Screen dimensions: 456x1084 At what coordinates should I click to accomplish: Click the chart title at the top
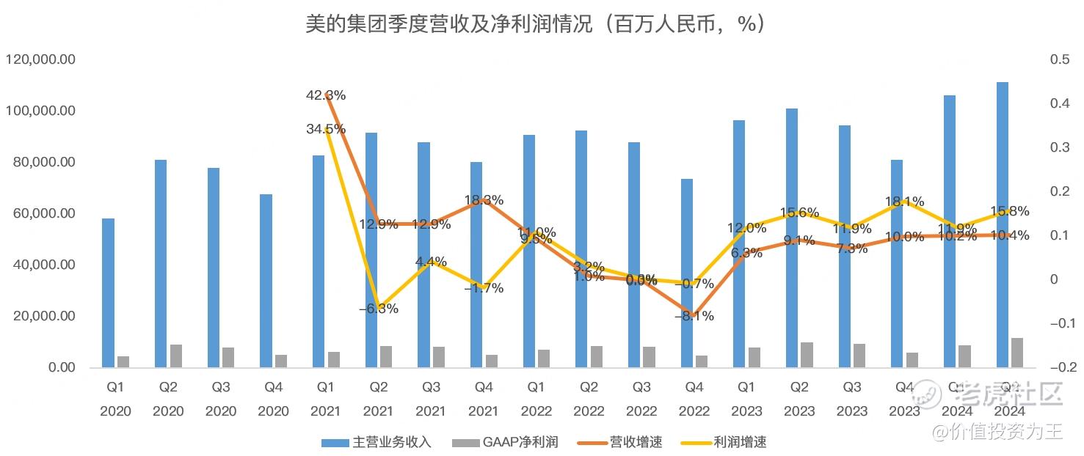(x=536, y=24)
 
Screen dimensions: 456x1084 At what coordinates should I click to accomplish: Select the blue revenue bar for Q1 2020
(x=108, y=293)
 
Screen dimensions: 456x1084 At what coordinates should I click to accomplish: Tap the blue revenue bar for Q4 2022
(x=687, y=273)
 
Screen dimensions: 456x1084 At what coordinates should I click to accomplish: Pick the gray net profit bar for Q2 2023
(x=807, y=355)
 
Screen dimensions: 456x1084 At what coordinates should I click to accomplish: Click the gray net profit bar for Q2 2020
(x=176, y=356)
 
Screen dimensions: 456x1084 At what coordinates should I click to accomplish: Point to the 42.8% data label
(x=326, y=95)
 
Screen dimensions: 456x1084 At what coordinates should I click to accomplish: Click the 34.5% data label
(x=326, y=129)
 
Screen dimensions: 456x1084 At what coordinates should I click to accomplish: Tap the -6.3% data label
(x=379, y=309)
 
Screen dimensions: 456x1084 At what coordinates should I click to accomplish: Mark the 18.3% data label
(x=484, y=200)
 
